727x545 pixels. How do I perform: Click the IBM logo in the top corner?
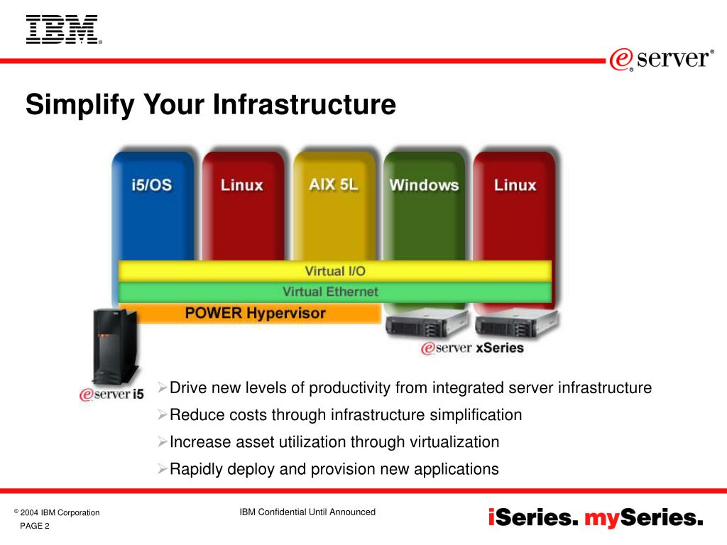(x=62, y=30)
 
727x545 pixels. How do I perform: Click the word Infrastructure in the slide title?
(x=305, y=105)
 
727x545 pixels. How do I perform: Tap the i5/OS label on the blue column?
(x=151, y=185)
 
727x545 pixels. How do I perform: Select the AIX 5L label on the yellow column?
(x=334, y=185)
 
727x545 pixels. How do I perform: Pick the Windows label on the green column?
(x=424, y=185)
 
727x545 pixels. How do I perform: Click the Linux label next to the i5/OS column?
(x=241, y=185)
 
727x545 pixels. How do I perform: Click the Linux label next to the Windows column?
(x=515, y=185)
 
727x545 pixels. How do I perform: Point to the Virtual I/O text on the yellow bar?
(x=334, y=271)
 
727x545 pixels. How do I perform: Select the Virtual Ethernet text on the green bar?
(x=330, y=292)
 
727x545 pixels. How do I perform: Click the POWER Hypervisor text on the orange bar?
(x=256, y=313)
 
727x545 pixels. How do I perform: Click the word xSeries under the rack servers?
(x=500, y=348)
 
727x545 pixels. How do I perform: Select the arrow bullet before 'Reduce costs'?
(x=162, y=414)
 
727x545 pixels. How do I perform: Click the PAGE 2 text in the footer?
(x=35, y=526)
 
